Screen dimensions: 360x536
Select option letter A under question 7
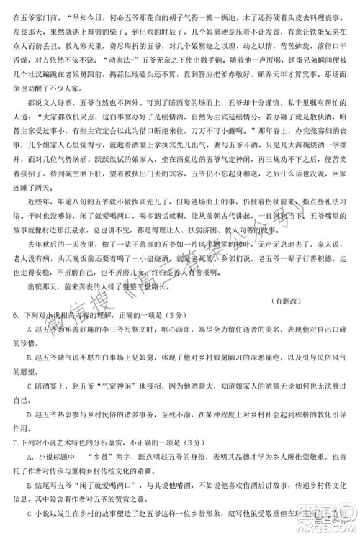coord(29,456)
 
